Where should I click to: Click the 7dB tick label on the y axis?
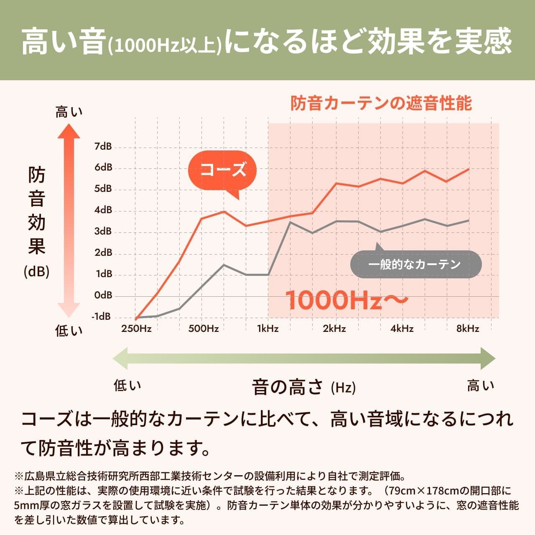coord(103,146)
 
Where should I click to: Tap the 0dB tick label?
coord(103,295)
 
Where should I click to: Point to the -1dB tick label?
coord(102,316)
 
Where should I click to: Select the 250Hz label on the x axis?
coord(136,329)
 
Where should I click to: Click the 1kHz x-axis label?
coord(267,329)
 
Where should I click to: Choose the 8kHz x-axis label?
coord(468,329)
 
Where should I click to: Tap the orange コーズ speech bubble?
coord(222,170)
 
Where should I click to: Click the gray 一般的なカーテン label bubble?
coord(415,264)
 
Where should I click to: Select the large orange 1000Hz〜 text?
coord(346,300)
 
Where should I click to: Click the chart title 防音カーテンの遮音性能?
coord(381,103)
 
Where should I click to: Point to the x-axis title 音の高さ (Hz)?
coord(303,387)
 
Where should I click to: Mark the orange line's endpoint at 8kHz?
coord(469,169)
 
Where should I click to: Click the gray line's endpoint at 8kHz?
coord(469,220)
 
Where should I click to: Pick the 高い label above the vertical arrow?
coord(69,112)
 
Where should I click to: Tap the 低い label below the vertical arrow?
coord(69,331)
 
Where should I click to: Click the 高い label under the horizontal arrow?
coord(480,385)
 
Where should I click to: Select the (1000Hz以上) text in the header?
coord(165,46)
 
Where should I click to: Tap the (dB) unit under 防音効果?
coord(37,272)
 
